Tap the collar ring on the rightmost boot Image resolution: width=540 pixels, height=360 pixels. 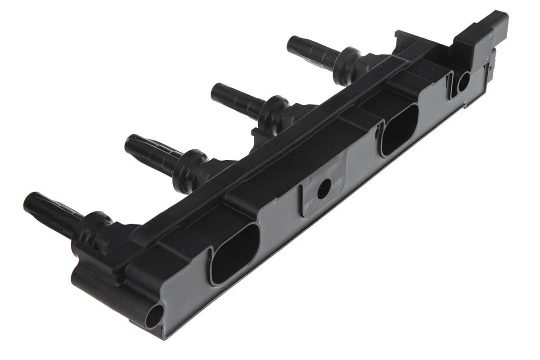click(349, 61)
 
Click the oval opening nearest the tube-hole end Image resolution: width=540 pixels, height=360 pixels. click(234, 254)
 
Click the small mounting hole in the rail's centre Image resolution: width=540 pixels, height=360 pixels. click(323, 190)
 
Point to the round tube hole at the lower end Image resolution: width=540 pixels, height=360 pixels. click(154, 318)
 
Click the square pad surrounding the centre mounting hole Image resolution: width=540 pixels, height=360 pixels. click(315, 198)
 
